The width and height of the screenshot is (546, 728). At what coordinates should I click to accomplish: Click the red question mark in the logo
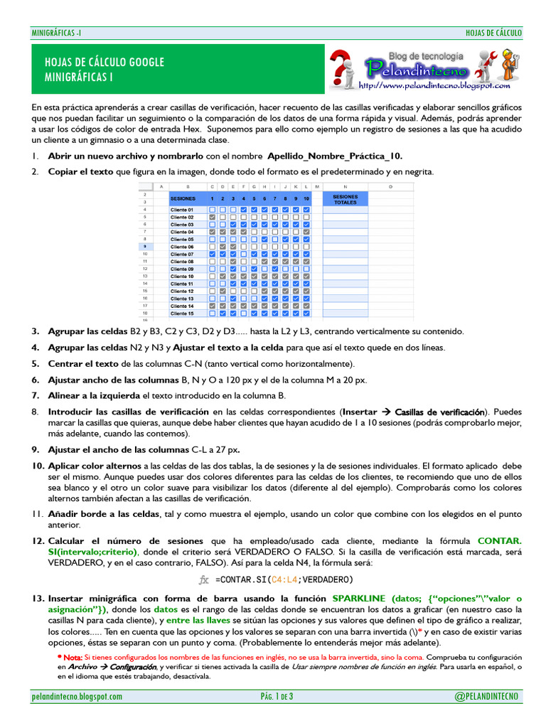pos(342,66)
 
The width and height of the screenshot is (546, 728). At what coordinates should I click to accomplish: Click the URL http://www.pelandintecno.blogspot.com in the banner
pos(435,86)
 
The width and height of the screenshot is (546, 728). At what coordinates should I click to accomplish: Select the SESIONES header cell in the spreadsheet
pos(184,198)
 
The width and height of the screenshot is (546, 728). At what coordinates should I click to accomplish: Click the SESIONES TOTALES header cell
pos(346,198)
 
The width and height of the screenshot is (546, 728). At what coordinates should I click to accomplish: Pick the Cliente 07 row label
pos(182,254)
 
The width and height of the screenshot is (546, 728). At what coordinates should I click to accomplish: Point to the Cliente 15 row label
pos(182,313)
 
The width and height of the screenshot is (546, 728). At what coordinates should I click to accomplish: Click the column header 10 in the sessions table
pos(306,198)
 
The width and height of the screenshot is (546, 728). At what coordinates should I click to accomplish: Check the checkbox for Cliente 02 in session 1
pos(213,217)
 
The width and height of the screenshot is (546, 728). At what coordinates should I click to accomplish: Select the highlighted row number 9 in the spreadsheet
pos(145,247)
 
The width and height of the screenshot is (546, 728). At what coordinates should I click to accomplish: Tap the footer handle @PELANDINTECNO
pos(487,696)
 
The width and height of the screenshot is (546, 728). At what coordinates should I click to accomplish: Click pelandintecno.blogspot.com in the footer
pos(77,696)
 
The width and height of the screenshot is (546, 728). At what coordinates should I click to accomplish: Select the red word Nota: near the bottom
pos(72,658)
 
